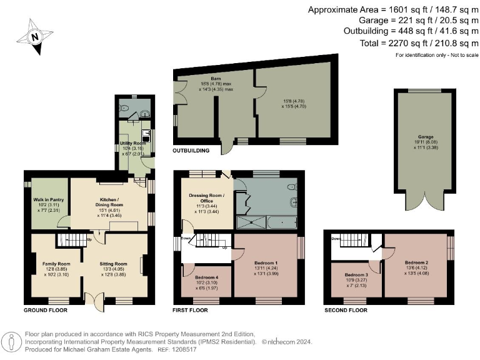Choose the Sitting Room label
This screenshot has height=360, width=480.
[113, 264]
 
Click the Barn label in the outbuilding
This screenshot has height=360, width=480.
[199, 79]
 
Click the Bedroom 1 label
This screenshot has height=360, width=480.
[267, 264]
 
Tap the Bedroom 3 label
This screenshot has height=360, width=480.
[353, 274]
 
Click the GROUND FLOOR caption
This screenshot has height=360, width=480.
[45, 309]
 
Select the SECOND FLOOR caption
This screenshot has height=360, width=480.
[345, 309]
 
